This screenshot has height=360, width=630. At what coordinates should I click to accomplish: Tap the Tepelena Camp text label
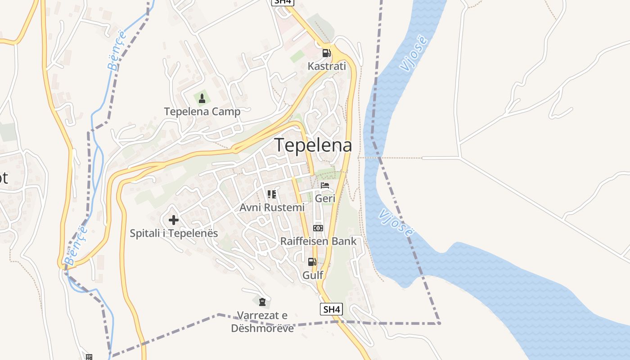pyautogui.click(x=202, y=112)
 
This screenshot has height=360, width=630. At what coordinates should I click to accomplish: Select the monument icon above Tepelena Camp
pyautogui.click(x=202, y=98)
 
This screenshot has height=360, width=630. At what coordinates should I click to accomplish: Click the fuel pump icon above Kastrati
pyautogui.click(x=326, y=53)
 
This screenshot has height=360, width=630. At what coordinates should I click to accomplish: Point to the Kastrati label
pyautogui.click(x=327, y=67)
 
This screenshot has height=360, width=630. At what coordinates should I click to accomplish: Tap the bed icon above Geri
pyautogui.click(x=325, y=185)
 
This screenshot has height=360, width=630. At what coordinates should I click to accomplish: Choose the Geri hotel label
pyautogui.click(x=325, y=198)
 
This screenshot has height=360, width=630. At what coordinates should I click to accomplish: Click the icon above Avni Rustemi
pyautogui.click(x=272, y=194)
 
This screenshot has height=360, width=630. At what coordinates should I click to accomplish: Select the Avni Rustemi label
pyautogui.click(x=272, y=207)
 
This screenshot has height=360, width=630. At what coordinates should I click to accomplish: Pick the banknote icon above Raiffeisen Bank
pyautogui.click(x=318, y=228)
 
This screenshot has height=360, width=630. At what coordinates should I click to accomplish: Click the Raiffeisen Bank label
pyautogui.click(x=318, y=241)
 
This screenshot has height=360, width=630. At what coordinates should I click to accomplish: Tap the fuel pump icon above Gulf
pyautogui.click(x=312, y=261)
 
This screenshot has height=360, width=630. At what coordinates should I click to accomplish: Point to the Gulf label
pyautogui.click(x=313, y=275)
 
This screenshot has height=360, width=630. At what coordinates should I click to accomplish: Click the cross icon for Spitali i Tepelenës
pyautogui.click(x=174, y=220)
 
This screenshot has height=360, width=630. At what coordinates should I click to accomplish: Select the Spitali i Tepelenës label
pyautogui.click(x=174, y=234)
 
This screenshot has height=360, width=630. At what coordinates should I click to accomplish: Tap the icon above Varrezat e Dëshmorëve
pyautogui.click(x=262, y=301)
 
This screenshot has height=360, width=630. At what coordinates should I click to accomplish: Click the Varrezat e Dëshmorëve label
pyautogui.click(x=262, y=322)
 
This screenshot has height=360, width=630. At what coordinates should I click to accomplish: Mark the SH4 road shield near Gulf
pyautogui.click(x=331, y=310)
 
